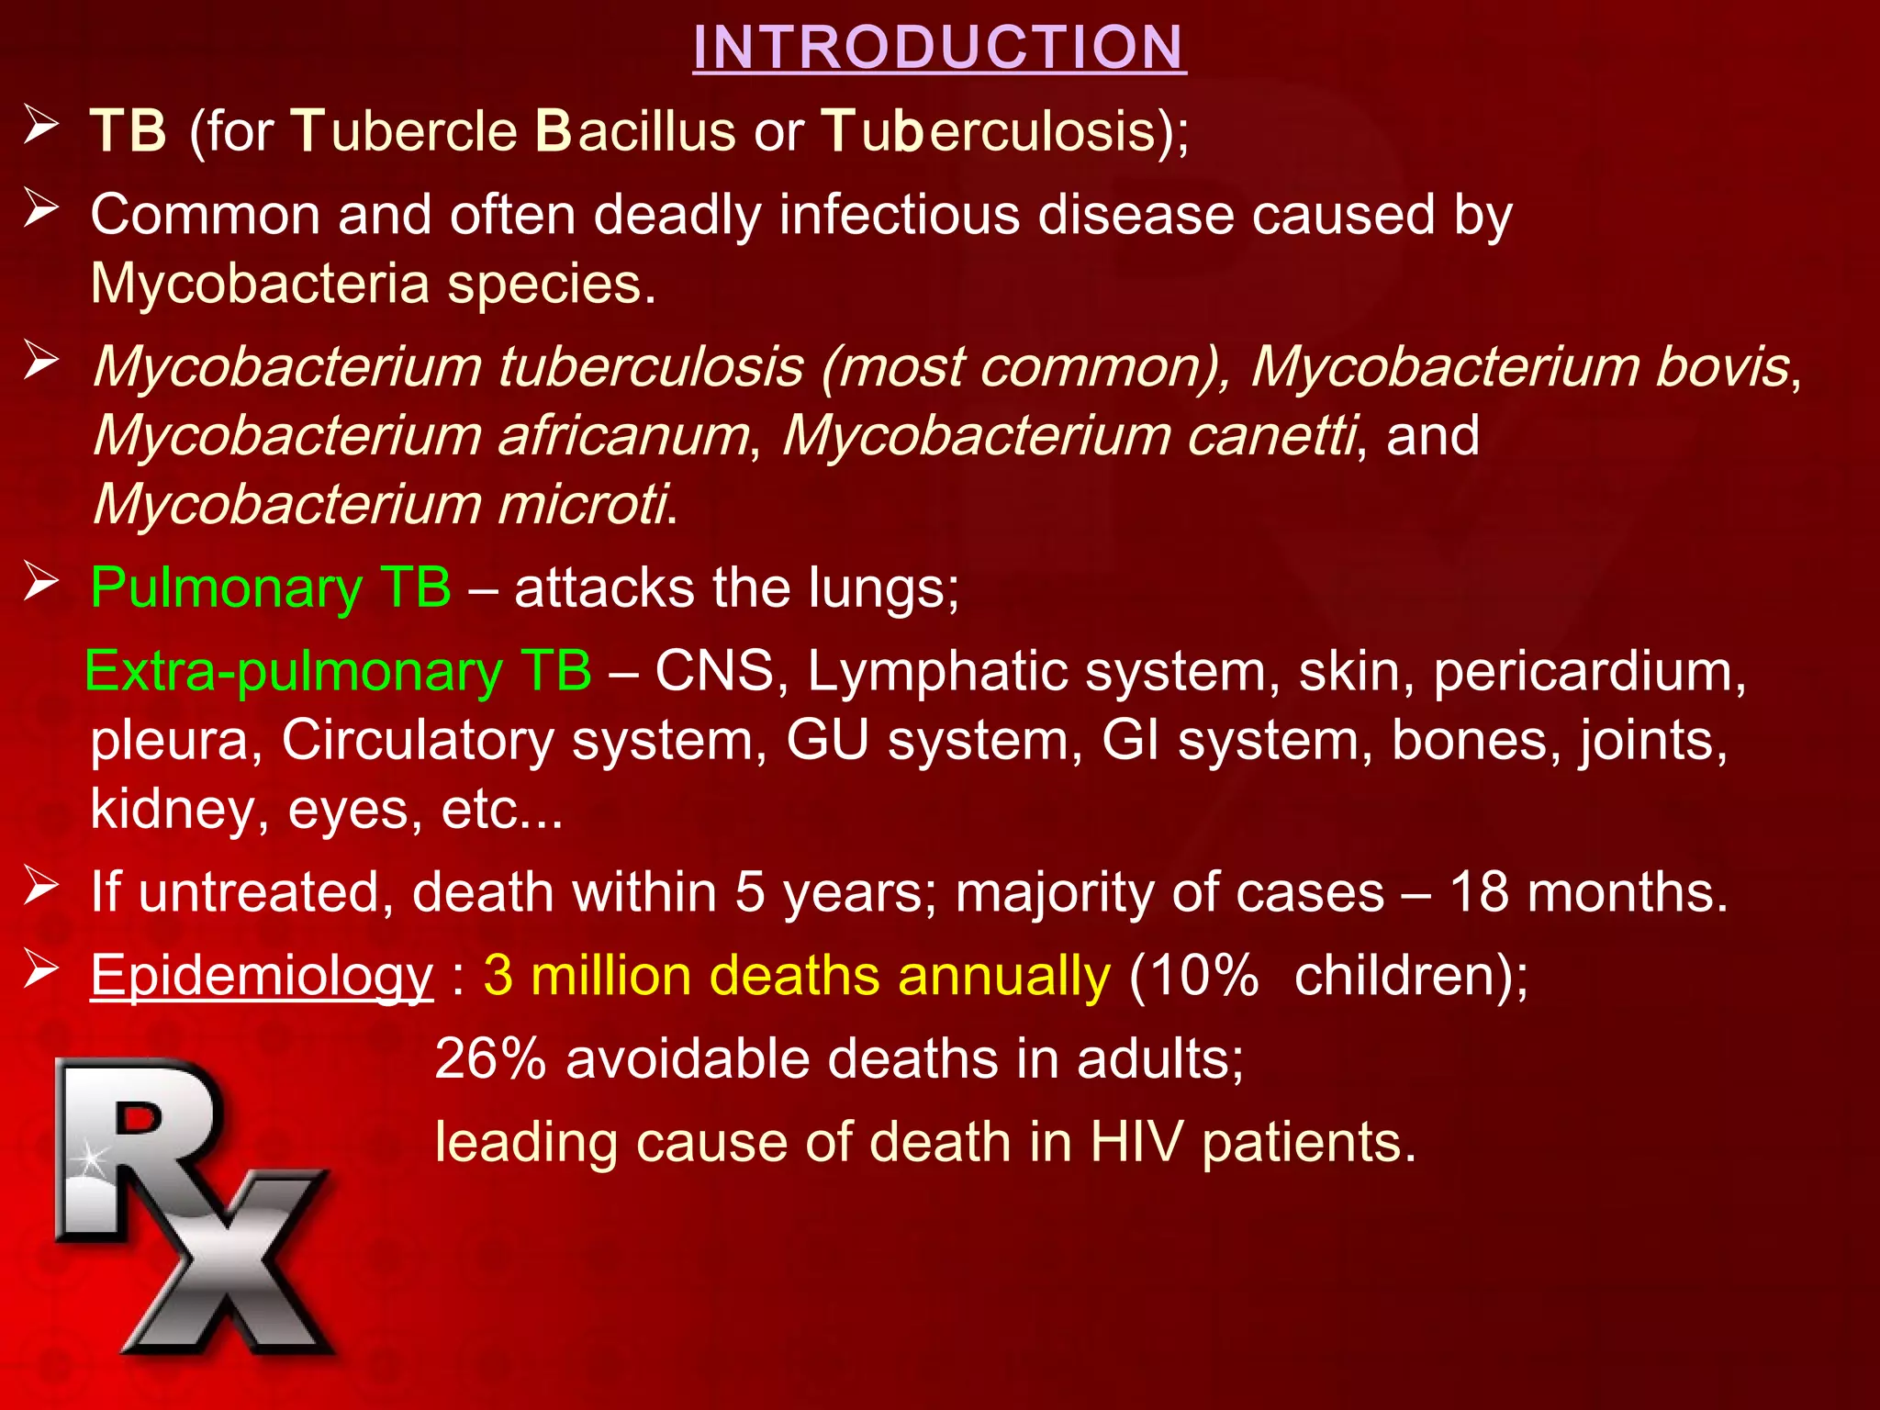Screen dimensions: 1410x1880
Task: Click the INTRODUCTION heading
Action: tap(939, 47)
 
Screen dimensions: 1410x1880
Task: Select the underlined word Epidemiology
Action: tap(262, 975)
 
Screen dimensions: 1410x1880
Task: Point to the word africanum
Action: tap(623, 435)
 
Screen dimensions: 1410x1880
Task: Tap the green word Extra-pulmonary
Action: tap(294, 671)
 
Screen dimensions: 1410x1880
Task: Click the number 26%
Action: tap(490, 1058)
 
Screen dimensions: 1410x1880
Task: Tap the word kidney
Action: tap(180, 810)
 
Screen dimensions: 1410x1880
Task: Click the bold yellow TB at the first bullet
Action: tap(129, 130)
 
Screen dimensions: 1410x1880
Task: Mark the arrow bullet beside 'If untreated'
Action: tap(41, 887)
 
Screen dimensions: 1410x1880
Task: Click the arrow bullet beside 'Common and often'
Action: tap(41, 209)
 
